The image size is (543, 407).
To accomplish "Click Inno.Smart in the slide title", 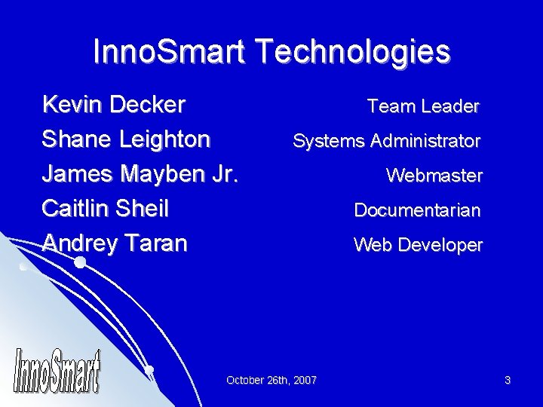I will (x=171, y=52).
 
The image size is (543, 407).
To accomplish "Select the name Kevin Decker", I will (x=114, y=104).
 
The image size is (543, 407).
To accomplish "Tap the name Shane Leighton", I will (x=126, y=139).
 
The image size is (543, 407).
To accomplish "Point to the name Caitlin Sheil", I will (x=105, y=209).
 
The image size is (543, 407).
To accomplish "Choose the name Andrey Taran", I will (x=114, y=243).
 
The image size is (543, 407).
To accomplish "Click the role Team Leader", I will (x=422, y=107).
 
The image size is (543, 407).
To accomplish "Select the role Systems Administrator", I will (x=386, y=141).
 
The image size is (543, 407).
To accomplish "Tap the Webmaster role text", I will (x=434, y=176).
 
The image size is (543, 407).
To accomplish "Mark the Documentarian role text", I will (x=417, y=210).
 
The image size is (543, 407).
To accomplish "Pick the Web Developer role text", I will (x=418, y=244).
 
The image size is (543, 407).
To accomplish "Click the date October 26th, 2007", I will (x=271, y=380).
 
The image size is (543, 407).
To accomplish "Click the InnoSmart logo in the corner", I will (x=57, y=370).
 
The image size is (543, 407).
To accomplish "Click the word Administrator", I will (x=431, y=141).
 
